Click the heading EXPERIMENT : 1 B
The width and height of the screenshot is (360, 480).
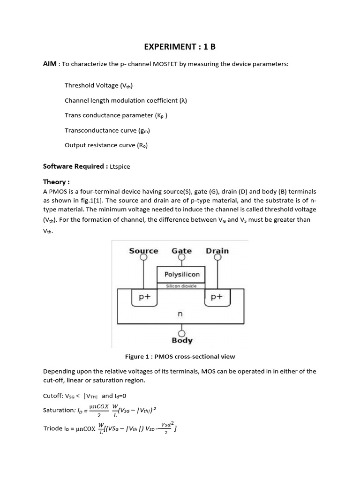(x=180, y=47)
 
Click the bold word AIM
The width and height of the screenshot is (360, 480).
(x=50, y=64)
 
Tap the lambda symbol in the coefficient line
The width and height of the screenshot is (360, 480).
(x=183, y=100)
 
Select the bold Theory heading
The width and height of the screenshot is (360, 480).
(x=56, y=182)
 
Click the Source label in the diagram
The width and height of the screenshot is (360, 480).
(x=143, y=251)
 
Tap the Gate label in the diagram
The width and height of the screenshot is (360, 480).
(x=181, y=251)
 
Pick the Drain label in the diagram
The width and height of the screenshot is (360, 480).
(x=217, y=251)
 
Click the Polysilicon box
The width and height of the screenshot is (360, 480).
(x=182, y=275)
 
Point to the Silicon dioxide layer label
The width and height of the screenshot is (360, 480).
(x=182, y=285)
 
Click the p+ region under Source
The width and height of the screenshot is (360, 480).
(x=143, y=297)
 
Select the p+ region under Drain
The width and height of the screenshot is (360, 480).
(x=217, y=297)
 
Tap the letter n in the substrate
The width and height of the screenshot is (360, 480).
(x=180, y=314)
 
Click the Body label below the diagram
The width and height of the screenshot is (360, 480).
(x=182, y=341)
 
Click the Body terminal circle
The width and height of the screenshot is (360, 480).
(x=182, y=332)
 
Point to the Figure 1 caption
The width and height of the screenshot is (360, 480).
(x=180, y=357)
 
